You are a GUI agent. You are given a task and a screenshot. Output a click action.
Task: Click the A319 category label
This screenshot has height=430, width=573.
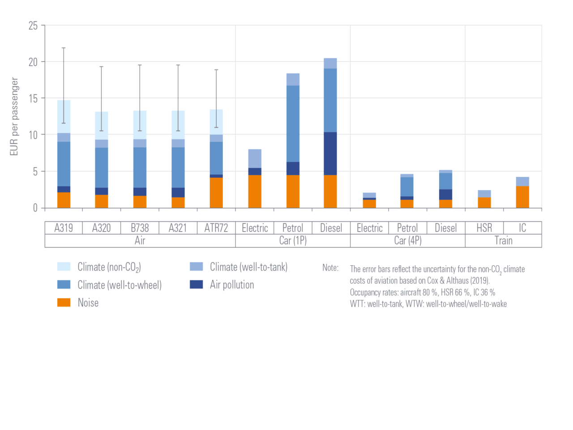click(64, 228)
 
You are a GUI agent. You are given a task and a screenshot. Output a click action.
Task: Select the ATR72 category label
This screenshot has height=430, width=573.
click(216, 228)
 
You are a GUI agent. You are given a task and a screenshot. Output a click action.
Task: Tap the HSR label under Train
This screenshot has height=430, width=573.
click(484, 228)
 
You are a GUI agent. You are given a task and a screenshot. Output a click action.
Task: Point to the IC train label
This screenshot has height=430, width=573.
click(522, 228)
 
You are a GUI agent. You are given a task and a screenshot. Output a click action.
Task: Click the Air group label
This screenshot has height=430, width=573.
click(140, 241)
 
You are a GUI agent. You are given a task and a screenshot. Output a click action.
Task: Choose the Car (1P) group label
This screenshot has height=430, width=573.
click(293, 241)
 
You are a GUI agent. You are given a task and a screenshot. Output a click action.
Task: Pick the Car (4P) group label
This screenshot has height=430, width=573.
click(407, 241)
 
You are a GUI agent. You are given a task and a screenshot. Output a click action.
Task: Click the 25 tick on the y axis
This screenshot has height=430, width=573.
click(33, 26)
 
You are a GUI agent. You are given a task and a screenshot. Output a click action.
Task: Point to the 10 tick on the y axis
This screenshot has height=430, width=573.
click(33, 135)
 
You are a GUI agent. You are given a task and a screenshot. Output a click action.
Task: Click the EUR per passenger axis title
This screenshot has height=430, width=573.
click(14, 116)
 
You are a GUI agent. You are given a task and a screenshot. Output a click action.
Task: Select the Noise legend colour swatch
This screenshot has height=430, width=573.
click(64, 303)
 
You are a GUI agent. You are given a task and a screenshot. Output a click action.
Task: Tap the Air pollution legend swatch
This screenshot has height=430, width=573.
click(196, 285)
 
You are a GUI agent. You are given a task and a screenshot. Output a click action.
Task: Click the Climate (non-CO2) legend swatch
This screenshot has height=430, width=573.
click(64, 267)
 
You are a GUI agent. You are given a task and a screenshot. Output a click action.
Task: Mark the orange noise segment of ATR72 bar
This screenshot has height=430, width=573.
click(216, 193)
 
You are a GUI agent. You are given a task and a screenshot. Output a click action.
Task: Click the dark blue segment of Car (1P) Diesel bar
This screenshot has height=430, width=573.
click(330, 154)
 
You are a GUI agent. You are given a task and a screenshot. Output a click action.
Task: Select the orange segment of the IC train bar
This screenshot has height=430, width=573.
click(522, 197)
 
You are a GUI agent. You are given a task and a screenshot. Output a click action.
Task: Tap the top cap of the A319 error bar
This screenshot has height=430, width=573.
click(64, 47)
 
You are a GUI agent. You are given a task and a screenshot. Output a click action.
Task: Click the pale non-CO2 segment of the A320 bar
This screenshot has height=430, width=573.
click(101, 125)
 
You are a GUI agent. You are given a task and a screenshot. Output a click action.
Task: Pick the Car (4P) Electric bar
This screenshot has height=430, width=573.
click(369, 200)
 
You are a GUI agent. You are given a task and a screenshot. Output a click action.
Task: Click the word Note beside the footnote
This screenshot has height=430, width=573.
click(330, 268)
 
